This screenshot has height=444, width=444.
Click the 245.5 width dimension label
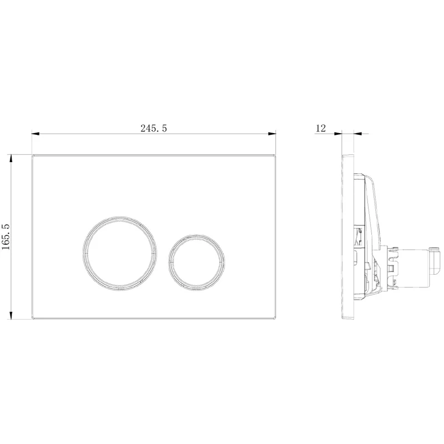point(154,128)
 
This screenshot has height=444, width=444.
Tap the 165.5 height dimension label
point(6,236)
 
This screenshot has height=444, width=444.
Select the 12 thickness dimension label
point(321,128)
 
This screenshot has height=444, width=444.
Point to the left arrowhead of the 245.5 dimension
point(35,134)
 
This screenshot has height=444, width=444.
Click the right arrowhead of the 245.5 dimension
point(272,134)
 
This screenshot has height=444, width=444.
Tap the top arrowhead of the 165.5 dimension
point(11,158)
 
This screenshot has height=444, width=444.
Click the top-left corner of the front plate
point(32,155)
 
